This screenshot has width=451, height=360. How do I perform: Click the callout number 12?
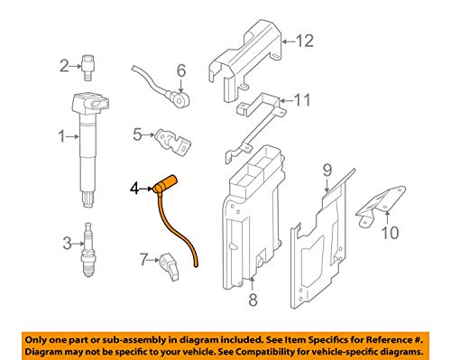click(x=305, y=41)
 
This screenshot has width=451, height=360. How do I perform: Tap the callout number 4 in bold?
click(x=134, y=189)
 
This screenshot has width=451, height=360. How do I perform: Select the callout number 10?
click(x=390, y=233)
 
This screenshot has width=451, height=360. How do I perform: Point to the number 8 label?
click(x=253, y=300)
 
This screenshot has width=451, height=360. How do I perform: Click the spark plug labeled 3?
click(x=87, y=250)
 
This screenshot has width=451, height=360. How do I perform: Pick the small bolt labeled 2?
click(x=87, y=68)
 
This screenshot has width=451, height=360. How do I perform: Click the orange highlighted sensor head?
click(x=165, y=183)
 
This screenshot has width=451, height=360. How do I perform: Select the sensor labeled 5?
click(x=173, y=142)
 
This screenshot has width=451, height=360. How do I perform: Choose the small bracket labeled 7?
click(x=170, y=266)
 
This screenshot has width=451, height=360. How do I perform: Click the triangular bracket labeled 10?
click(x=380, y=207)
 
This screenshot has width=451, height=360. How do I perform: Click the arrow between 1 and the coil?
click(x=72, y=137)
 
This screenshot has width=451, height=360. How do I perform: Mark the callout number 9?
click(x=327, y=171)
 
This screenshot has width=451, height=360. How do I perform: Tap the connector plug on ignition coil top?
click(x=99, y=105)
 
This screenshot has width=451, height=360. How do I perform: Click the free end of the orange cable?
click(x=196, y=265)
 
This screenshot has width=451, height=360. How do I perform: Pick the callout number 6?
click(x=181, y=70)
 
